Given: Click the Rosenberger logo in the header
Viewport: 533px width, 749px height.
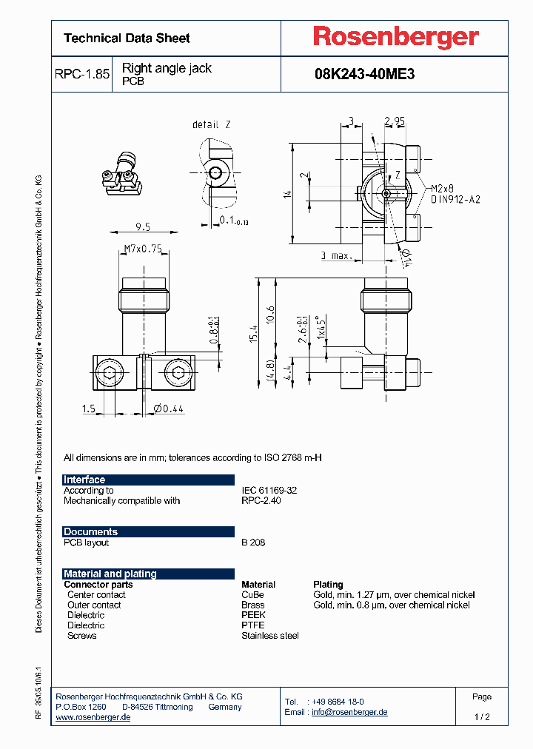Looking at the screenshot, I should tap(395, 38).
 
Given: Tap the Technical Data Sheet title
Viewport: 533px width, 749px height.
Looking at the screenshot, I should tap(127, 38).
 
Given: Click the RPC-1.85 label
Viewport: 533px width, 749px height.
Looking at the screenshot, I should tap(82, 75).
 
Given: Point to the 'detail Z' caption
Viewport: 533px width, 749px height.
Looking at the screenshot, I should tap(211, 124).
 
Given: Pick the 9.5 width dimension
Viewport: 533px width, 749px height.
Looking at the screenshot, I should tap(143, 227).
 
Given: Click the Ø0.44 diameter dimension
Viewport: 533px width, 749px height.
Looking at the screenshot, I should tap(169, 409).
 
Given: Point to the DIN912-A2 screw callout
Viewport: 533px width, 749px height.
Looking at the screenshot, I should tap(455, 199).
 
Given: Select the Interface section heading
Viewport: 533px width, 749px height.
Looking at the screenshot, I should tap(84, 480).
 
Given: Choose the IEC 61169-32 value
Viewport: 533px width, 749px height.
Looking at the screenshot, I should tap(269, 490).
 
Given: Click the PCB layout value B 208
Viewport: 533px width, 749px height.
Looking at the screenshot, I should tap(253, 543).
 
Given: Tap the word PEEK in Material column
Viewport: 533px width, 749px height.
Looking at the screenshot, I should tap(253, 615).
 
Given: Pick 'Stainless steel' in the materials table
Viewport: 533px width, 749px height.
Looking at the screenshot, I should tap(270, 636).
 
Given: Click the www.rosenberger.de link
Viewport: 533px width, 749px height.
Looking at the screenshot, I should tap(93, 718).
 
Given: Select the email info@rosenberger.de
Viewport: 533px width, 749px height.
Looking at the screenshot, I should tap(349, 712).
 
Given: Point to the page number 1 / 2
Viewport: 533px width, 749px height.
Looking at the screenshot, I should tap(481, 717).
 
